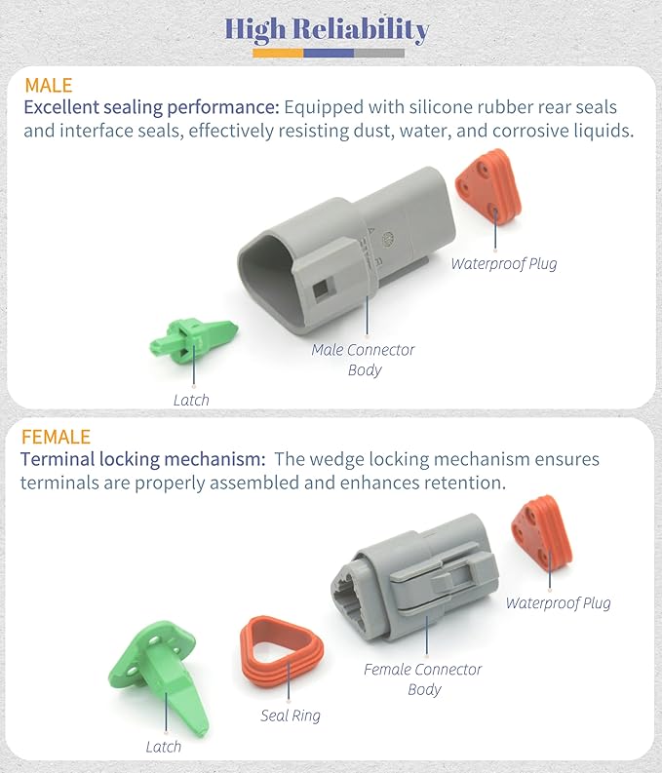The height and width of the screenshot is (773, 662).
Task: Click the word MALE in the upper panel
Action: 49,85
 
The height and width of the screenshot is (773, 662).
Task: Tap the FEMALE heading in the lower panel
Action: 56,437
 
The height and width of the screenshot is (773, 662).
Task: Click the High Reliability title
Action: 327,29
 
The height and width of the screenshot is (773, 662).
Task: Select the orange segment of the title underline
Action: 278,54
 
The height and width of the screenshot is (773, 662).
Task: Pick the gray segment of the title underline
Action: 379,54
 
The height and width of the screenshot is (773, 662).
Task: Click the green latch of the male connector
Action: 193,340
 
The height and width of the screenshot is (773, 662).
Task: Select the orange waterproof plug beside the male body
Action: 488,186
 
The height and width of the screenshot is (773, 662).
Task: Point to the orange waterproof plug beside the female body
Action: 542,534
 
